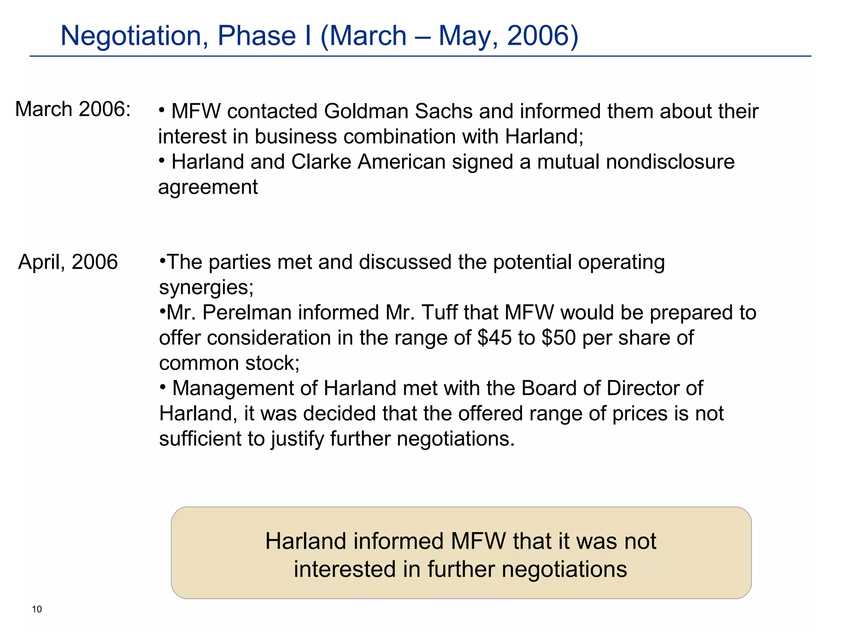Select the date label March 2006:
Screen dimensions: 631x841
tap(73, 109)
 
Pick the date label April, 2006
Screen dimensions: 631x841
tap(68, 262)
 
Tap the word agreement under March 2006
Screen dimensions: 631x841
tap(208, 187)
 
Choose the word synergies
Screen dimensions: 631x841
tap(206, 288)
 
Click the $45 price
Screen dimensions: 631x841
tap(494, 338)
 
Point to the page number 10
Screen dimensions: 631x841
tap(37, 609)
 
